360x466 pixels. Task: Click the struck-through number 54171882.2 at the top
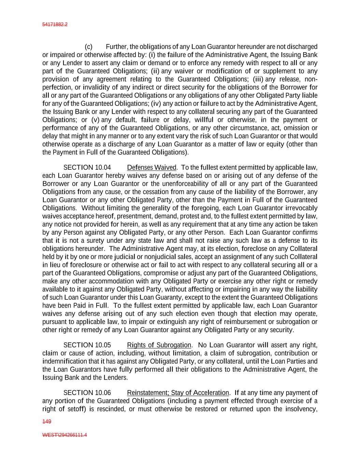(55, 25)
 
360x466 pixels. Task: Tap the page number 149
(46, 422)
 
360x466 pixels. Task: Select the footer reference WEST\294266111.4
(64, 435)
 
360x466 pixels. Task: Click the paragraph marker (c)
(88, 47)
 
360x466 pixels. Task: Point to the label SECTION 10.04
(87, 168)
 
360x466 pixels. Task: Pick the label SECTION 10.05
(87, 345)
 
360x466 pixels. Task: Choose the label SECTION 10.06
(87, 393)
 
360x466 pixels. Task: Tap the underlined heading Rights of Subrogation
(159, 345)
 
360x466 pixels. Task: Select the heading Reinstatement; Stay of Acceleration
(178, 393)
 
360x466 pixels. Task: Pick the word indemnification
(64, 362)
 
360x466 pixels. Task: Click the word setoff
(76, 409)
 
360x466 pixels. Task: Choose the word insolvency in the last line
(301, 409)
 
